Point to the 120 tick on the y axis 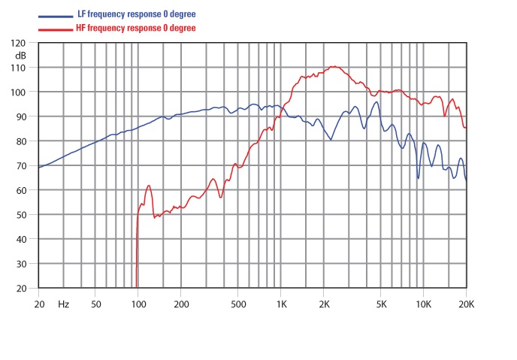click(x=20, y=44)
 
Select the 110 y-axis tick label click(x=20, y=68)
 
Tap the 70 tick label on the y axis click(x=22, y=166)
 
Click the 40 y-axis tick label click(x=22, y=240)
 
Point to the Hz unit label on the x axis click(x=64, y=304)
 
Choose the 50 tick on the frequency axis click(x=95, y=304)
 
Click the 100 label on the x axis click(x=138, y=304)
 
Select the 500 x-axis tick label click(x=237, y=304)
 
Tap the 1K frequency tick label click(x=281, y=304)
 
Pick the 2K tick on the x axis click(x=324, y=304)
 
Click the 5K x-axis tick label click(x=381, y=304)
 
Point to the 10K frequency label click(x=423, y=304)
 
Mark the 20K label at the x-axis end click(x=466, y=304)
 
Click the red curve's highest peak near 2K click(x=334, y=67)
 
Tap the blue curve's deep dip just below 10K click(x=419, y=178)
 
